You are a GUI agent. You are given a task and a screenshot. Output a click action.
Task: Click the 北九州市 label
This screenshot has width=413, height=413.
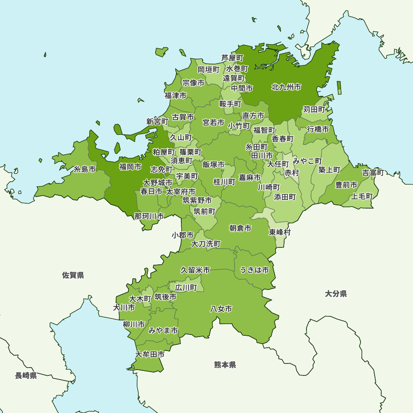[x=286, y=87]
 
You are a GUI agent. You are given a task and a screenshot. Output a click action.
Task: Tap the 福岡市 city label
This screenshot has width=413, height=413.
[x=130, y=167]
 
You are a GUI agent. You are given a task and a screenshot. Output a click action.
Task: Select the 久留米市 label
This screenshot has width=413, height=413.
[x=195, y=270]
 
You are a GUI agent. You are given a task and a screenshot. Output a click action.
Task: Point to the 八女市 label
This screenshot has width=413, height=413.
[x=221, y=309]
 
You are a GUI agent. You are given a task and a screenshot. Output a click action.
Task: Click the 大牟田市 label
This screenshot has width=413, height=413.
[x=150, y=354]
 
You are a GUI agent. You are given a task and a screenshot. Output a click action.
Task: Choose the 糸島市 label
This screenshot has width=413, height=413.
[x=85, y=169]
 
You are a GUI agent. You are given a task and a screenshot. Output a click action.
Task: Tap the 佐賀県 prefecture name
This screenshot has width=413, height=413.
[x=73, y=275]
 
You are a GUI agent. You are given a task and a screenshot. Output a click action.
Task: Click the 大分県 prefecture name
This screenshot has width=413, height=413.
[x=336, y=294]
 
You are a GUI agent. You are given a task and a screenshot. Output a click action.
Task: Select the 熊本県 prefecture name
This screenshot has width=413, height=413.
[x=225, y=365]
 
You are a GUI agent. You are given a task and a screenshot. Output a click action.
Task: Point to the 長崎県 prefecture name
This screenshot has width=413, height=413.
[x=26, y=375]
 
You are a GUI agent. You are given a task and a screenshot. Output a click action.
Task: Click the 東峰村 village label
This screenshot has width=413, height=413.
[x=280, y=232]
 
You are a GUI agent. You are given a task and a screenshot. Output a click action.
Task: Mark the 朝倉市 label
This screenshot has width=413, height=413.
[x=240, y=228]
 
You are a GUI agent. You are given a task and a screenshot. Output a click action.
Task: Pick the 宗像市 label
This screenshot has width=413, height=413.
[x=193, y=83]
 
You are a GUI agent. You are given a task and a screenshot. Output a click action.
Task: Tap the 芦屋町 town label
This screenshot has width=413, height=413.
[x=232, y=58]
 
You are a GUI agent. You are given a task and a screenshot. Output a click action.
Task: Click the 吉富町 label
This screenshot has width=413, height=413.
[x=373, y=173]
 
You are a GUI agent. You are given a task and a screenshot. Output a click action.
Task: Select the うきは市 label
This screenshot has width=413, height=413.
[x=254, y=270]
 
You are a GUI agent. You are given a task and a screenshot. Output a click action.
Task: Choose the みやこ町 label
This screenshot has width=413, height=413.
[x=307, y=160]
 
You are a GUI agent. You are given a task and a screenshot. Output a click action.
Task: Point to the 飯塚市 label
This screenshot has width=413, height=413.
[x=214, y=164]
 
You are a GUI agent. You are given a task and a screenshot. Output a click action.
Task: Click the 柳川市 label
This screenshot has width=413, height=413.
[x=134, y=324]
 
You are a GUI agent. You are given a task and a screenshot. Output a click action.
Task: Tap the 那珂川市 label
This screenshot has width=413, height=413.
[x=149, y=216]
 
